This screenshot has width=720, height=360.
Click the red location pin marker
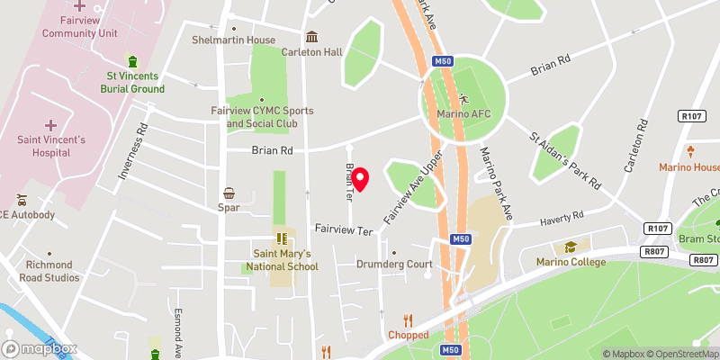[x=360, y=179]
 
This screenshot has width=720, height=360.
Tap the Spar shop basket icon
[x=229, y=193]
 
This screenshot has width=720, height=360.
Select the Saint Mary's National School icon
[x=281, y=239]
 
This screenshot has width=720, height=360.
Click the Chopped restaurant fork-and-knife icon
[x=408, y=319]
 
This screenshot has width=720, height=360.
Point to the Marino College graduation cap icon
[x=570, y=247]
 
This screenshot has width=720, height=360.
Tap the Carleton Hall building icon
[x=311, y=37]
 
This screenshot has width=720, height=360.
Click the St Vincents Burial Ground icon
[x=132, y=61]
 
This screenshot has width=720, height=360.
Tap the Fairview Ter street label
[x=343, y=230]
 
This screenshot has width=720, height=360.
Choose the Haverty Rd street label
[x=562, y=218]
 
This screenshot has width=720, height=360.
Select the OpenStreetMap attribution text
[x=682, y=354]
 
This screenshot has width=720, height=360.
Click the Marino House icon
[x=691, y=150]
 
